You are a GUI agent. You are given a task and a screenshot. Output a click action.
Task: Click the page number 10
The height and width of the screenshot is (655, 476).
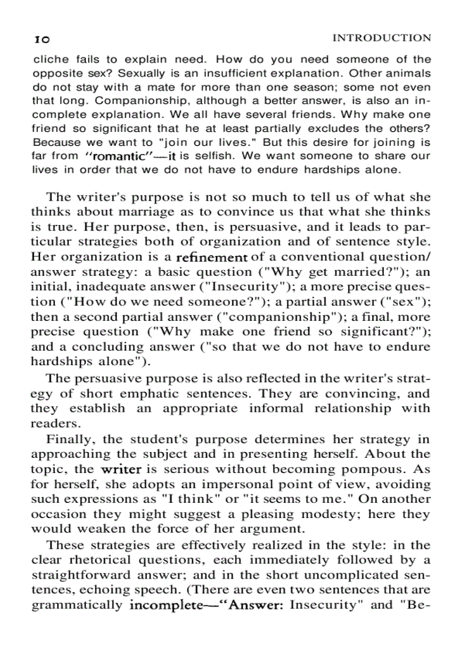point(41,40)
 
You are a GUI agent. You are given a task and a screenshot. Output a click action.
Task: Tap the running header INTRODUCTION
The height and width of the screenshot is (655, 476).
point(381,38)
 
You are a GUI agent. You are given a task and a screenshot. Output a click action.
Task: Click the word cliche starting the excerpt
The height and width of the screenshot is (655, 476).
point(51,59)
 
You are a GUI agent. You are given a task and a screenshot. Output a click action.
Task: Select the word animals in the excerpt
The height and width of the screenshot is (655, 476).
point(409,73)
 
